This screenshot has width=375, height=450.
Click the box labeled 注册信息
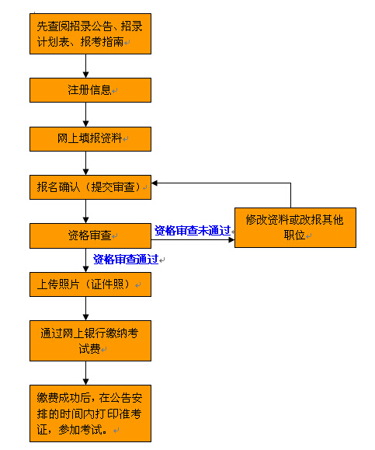[90, 90]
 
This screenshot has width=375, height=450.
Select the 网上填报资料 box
[90, 139]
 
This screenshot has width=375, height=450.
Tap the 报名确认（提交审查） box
[90, 187]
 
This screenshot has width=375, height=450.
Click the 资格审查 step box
[90, 235]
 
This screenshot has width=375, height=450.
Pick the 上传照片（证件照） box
[90, 284]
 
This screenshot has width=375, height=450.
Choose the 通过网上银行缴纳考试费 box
[90, 340]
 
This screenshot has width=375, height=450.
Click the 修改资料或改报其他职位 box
[295, 228]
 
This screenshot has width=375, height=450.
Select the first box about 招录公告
[90, 33]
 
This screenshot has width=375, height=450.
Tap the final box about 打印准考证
[90, 413]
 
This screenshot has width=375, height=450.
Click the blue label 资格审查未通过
[193, 231]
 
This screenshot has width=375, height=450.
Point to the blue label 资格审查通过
[126, 259]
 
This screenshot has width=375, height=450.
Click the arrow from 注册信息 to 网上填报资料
[85, 114]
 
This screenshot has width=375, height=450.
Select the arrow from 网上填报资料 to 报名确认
[85, 163]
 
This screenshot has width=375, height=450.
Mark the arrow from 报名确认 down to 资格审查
[85, 211]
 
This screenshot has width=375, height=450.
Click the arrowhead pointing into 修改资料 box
[231, 240]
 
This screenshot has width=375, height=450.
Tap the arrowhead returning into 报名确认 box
[155, 183]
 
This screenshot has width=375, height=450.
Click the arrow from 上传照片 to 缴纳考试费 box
[85, 309]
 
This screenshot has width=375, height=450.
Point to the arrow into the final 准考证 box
[85, 373]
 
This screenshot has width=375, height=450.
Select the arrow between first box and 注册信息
[85, 66]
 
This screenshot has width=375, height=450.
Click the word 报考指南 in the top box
[102, 42]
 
